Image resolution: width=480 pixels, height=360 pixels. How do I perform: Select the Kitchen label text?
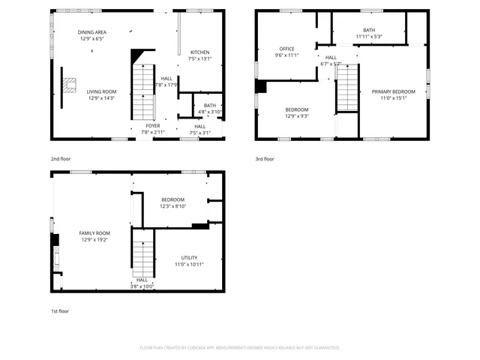200,52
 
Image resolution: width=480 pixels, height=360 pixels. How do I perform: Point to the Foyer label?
152,126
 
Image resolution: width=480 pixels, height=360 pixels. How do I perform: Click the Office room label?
286,49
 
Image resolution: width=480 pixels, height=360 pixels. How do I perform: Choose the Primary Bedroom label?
393,91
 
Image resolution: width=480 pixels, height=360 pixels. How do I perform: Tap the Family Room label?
94,233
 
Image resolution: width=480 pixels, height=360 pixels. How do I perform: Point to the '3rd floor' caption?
264,159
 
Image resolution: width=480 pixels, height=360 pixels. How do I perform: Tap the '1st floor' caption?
59,310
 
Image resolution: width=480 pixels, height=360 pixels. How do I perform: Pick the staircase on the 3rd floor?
346,88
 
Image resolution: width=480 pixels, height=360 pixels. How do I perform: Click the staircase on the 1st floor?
142,253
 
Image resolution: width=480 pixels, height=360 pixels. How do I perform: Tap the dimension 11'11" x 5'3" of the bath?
368,37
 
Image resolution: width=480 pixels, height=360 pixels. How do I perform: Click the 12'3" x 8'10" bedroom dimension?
172,206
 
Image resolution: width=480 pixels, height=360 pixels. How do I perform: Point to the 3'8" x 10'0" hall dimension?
142,286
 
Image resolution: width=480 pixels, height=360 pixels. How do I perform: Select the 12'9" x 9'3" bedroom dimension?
297,116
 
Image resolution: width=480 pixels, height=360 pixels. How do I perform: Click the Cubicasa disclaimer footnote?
240,348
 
